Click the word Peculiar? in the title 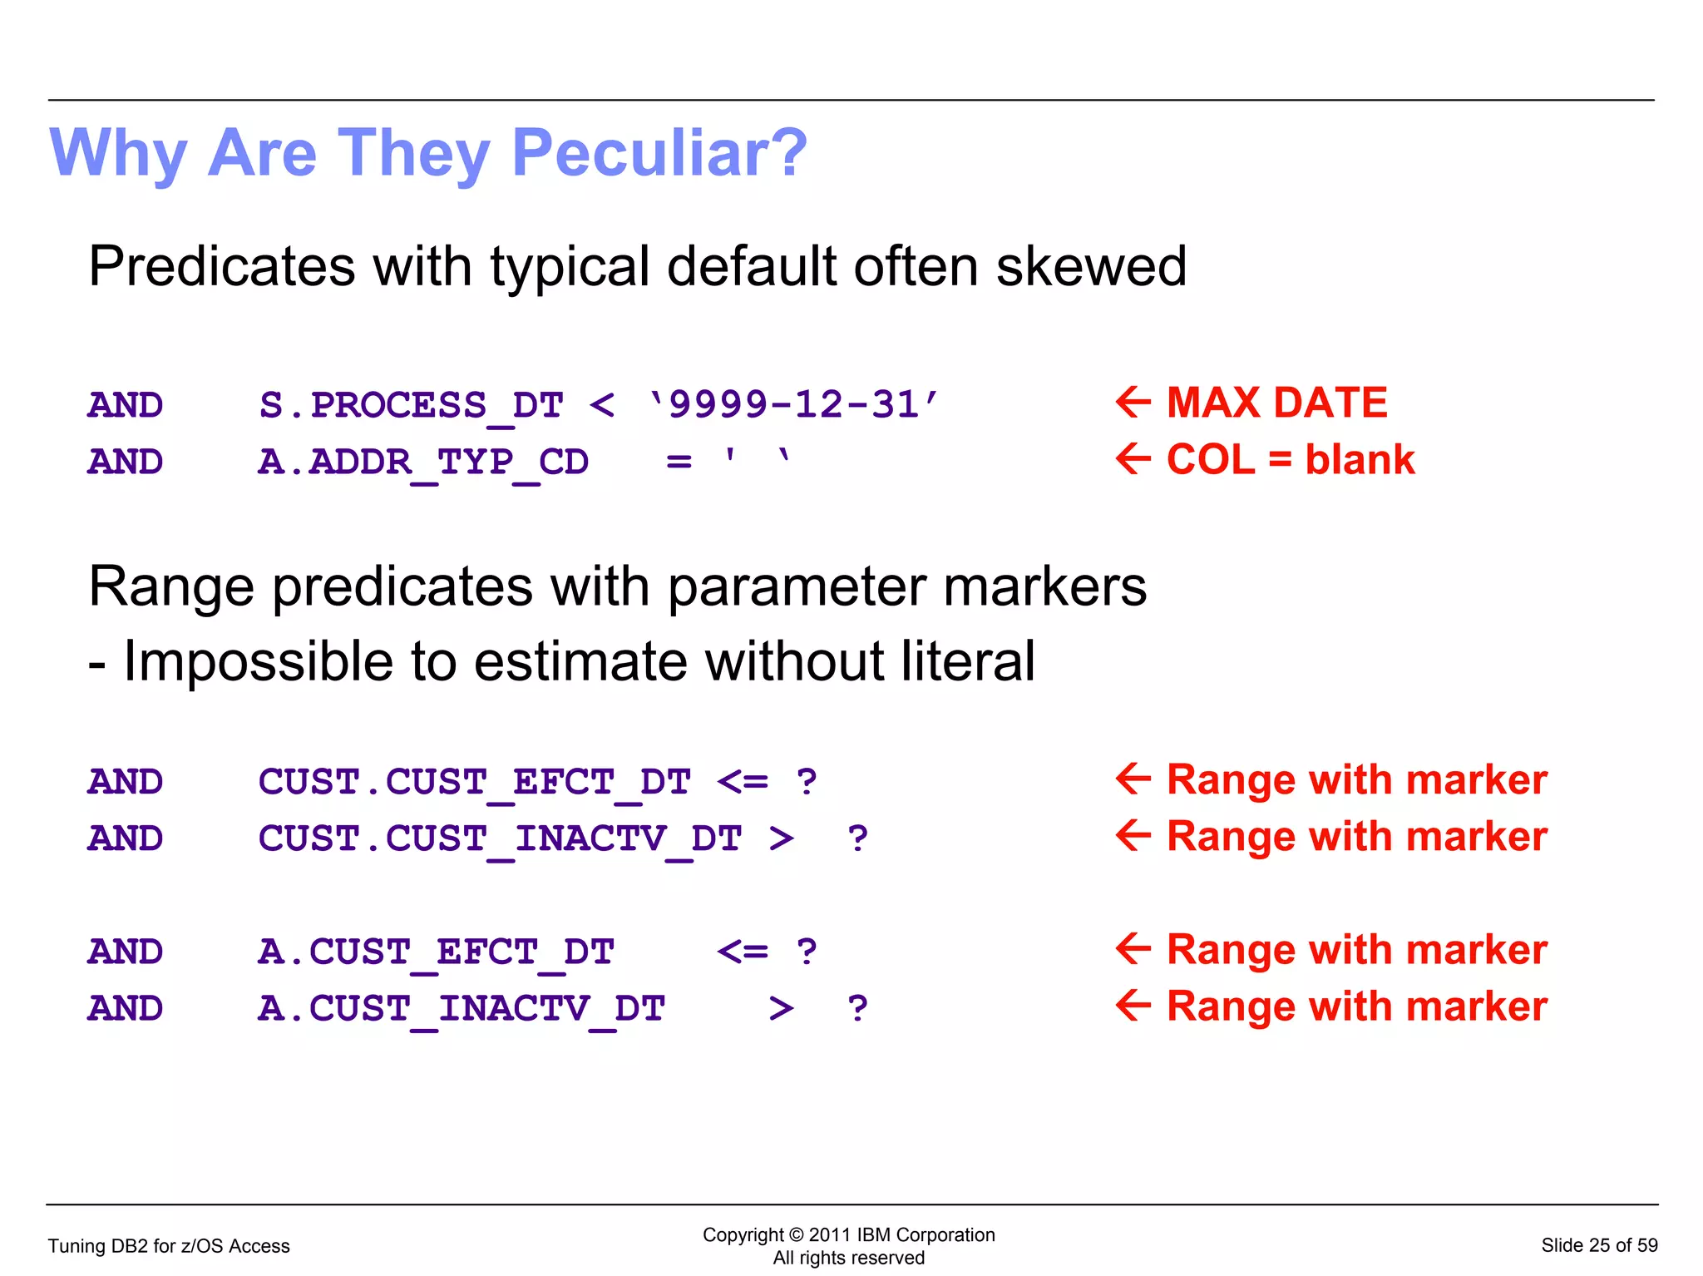(x=659, y=153)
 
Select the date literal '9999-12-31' (x=793, y=405)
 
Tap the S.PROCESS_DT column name (x=411, y=405)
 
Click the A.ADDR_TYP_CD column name (x=423, y=462)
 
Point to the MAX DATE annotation (x=1276, y=403)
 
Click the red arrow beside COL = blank (x=1133, y=458)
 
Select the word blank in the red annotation (x=1360, y=459)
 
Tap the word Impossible (x=258, y=661)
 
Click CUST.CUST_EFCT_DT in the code (x=474, y=782)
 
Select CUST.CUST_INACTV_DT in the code (x=499, y=838)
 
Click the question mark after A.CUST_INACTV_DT (x=857, y=1008)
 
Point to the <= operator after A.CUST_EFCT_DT (x=742, y=952)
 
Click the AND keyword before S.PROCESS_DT (x=126, y=405)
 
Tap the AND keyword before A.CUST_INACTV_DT (x=126, y=1008)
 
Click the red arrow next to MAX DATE (x=1133, y=402)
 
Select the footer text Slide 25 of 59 (x=1598, y=1245)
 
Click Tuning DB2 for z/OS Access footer (x=169, y=1246)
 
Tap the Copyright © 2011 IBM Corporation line (x=848, y=1234)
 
